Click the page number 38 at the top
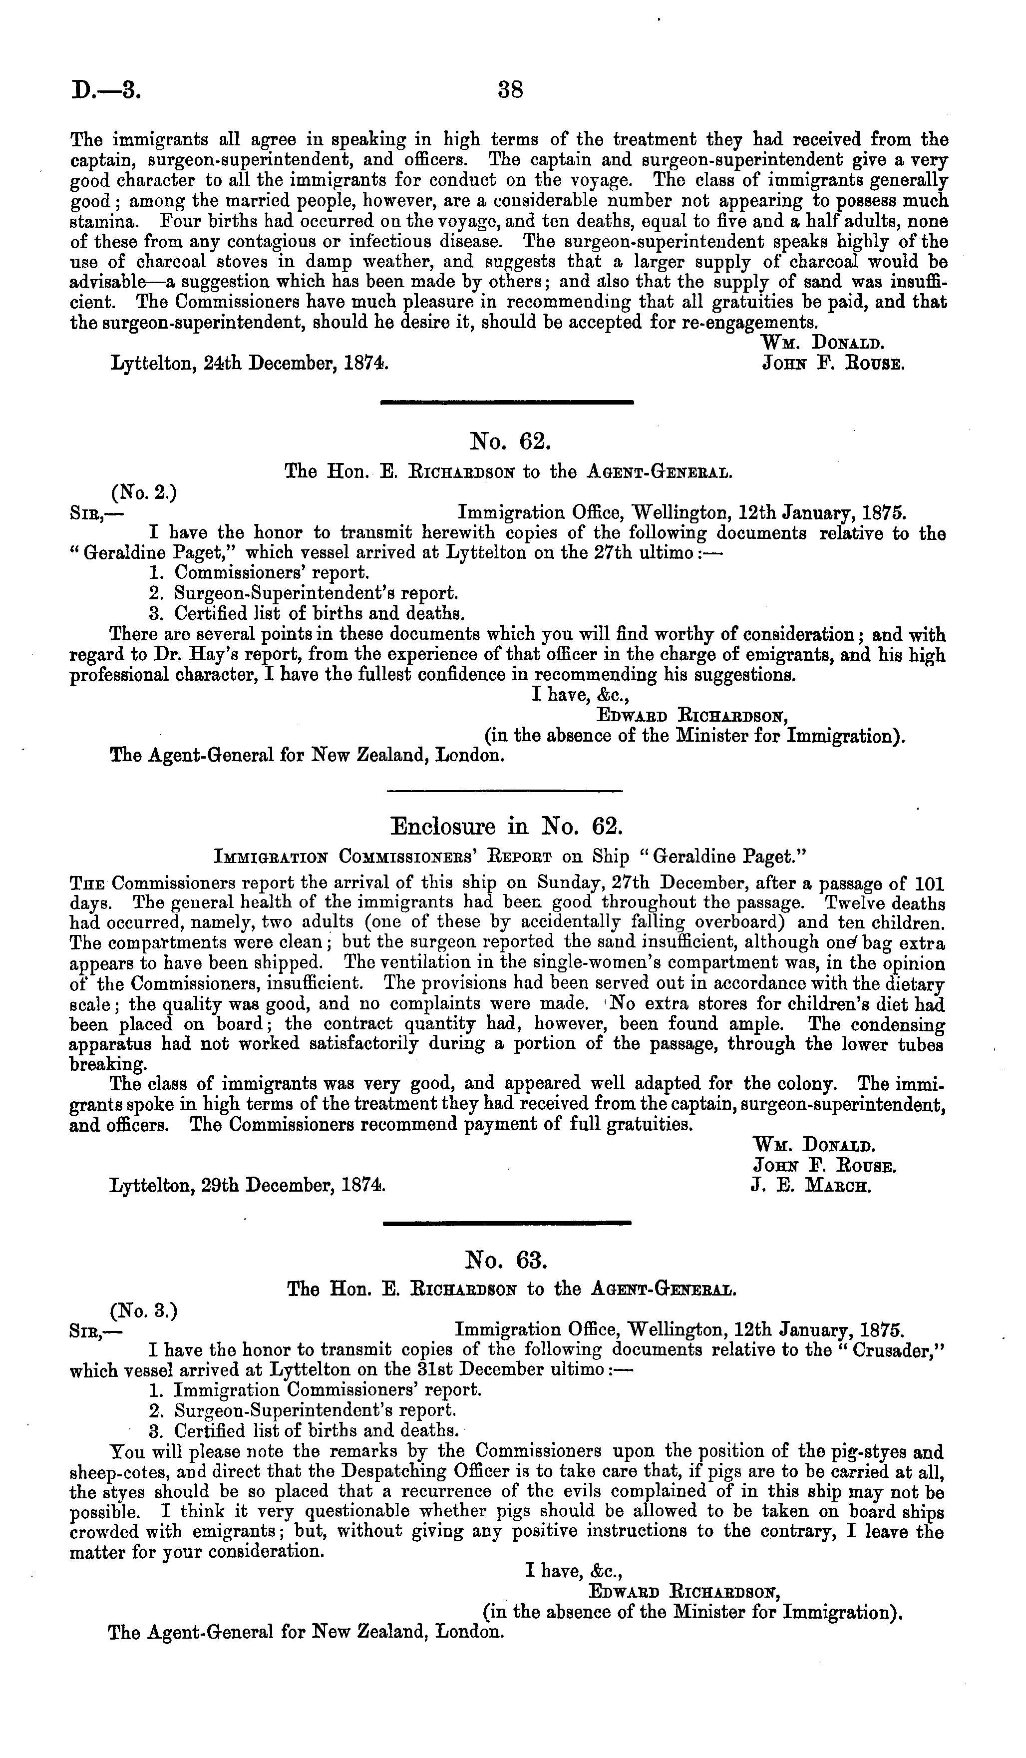pos(511,90)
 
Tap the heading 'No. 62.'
pos(511,441)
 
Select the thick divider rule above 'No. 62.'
pos(506,402)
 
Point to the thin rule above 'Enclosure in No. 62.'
pos(504,791)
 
